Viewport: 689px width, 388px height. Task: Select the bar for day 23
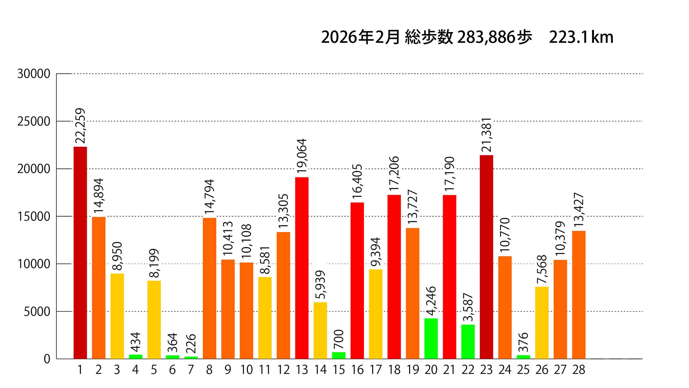[x=486, y=257]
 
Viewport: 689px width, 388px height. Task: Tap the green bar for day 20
[x=431, y=338]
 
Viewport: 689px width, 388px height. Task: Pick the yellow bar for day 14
[x=320, y=331]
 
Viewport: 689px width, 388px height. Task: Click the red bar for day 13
[x=302, y=268]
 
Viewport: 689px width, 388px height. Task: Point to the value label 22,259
[x=81, y=126]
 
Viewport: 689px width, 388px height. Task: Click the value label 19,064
[x=302, y=156]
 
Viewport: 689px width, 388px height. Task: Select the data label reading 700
[x=339, y=339]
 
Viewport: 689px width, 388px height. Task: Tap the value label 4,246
[x=431, y=301]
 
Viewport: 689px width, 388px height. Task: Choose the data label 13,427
[x=579, y=211]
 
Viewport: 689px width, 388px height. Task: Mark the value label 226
[x=191, y=344]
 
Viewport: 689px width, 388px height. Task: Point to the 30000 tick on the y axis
[x=34, y=74]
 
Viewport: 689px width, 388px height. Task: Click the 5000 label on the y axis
[x=37, y=312]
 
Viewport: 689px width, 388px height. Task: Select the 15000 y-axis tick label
[x=34, y=217]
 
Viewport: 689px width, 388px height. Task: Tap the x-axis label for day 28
[x=579, y=370]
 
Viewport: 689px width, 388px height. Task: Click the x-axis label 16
[x=357, y=370]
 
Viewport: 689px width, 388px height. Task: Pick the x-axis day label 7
[x=191, y=370]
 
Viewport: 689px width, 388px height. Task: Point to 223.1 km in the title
[x=581, y=37]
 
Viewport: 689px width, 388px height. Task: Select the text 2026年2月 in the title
[x=360, y=37]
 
